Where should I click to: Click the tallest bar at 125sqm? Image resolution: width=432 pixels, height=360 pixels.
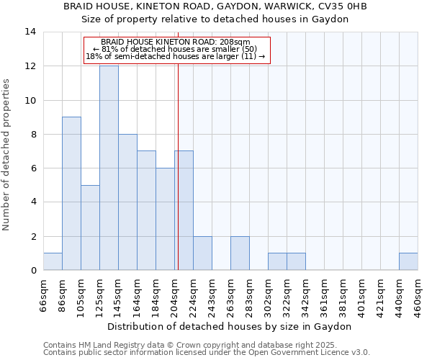click(x=109, y=168)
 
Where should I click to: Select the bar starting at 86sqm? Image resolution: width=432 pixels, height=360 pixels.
click(x=71, y=193)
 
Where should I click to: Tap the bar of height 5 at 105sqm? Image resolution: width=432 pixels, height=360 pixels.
click(x=90, y=228)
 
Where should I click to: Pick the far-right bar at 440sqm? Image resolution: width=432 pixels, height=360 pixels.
click(x=408, y=261)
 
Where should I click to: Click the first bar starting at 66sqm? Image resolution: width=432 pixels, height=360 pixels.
click(x=53, y=261)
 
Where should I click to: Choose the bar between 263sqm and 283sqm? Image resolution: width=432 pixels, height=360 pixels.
click(x=240, y=253)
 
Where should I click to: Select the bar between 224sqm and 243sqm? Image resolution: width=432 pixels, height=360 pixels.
click(x=202, y=253)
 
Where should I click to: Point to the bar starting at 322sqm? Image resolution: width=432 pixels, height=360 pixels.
click(x=296, y=261)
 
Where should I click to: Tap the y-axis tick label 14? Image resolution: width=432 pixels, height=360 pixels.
click(x=30, y=32)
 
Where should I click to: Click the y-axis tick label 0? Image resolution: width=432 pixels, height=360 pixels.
click(x=32, y=270)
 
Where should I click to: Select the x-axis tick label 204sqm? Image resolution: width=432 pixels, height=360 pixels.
click(x=175, y=294)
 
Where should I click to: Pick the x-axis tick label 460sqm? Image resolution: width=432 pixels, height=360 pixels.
click(x=418, y=294)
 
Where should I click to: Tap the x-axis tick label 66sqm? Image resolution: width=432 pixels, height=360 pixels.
click(x=44, y=294)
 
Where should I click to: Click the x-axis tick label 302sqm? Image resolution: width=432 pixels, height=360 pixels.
click(x=269, y=294)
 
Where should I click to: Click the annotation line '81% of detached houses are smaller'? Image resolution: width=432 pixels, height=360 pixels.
click(x=175, y=49)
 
